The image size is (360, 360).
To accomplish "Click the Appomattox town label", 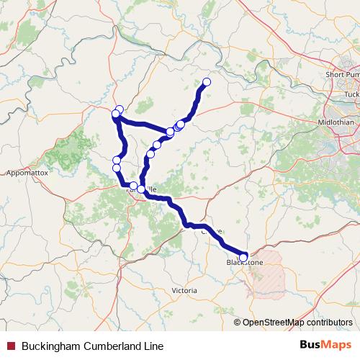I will click(25, 174).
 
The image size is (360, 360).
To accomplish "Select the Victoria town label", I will click(184, 290).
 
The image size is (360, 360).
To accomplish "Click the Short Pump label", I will click(342, 74).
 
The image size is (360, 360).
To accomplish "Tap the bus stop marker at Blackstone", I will click(243, 257).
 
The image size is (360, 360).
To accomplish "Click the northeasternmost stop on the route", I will click(207, 82).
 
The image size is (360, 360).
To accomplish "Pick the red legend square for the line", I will click(10, 346).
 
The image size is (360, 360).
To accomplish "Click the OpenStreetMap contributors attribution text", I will click(297, 323).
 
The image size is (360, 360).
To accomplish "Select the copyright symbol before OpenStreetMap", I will click(238, 323).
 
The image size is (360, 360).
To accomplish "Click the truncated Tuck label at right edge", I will click(351, 94).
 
